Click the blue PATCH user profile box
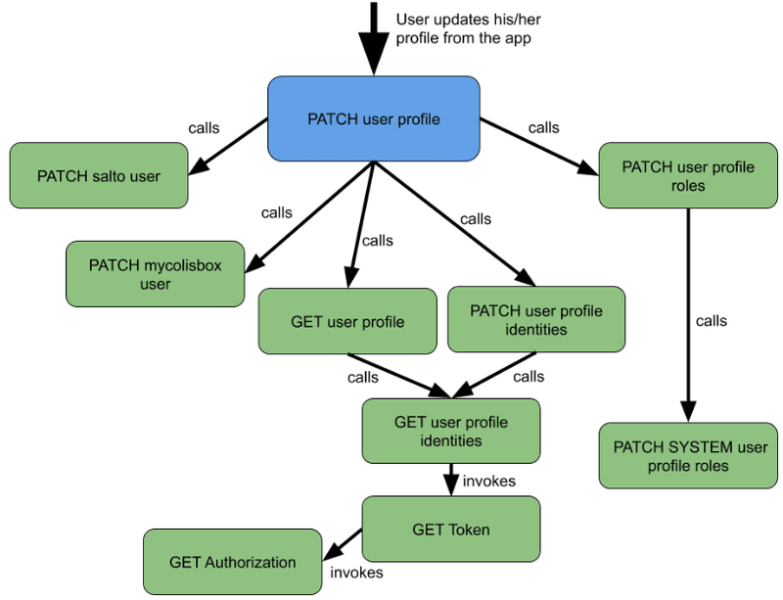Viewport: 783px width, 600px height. pyautogui.click(x=374, y=119)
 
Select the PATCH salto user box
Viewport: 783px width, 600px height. pyautogui.click(x=99, y=176)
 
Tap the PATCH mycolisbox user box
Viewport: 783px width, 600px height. pyautogui.click(x=155, y=274)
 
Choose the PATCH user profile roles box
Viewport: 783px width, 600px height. pyautogui.click(x=688, y=176)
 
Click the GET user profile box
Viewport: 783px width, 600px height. pyautogui.click(x=347, y=321)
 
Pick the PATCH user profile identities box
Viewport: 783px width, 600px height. pyautogui.click(x=535, y=320)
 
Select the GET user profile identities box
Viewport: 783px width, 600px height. pyautogui.click(x=451, y=431)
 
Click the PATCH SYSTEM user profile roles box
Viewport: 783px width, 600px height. pyautogui.click(x=690, y=456)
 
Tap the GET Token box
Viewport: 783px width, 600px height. pyautogui.click(x=451, y=530)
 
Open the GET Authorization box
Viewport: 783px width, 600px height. pyautogui.click(x=232, y=562)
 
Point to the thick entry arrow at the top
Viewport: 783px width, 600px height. pyautogui.click(x=374, y=39)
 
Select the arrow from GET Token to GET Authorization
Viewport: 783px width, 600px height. pyautogui.click(x=342, y=545)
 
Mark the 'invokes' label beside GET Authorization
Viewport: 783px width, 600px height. pyautogui.click(x=356, y=573)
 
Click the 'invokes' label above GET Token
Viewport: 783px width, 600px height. pyautogui.click(x=489, y=481)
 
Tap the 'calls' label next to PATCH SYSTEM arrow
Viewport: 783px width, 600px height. pyautogui.click(x=712, y=320)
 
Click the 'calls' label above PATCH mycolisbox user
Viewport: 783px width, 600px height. pyautogui.click(x=277, y=211)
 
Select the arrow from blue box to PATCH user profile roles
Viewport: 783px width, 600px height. pyautogui.click(x=538, y=147)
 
